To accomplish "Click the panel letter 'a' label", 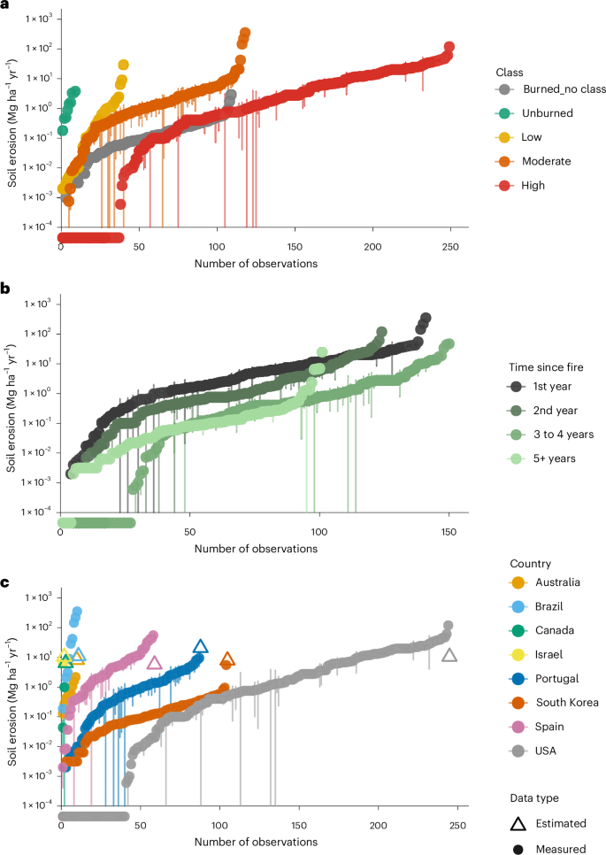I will [5, 6].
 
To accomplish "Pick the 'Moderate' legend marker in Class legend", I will [503, 161].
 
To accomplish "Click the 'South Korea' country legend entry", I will [557, 703].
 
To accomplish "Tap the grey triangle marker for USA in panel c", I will [449, 655].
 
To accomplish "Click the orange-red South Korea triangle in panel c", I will [227, 659].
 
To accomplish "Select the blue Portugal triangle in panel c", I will [200, 647].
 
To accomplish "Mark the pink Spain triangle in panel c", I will [155, 662].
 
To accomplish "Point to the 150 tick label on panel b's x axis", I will [448, 532].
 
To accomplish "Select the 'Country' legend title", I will [530, 563].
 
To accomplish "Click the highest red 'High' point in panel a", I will [449, 47].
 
